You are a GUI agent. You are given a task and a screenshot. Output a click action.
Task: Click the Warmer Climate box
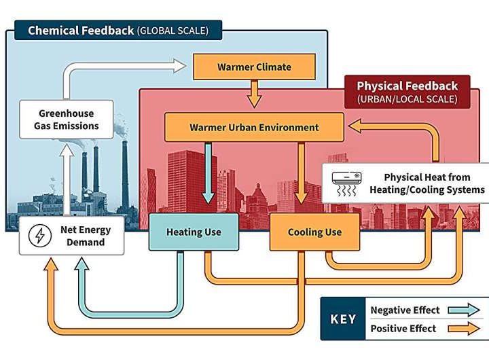pos(254,67)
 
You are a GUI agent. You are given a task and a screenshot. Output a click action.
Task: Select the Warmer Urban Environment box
pos(254,127)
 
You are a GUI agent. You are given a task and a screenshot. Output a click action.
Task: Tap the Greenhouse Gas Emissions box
pos(67,120)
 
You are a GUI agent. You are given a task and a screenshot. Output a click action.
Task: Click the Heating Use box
pos(194,232)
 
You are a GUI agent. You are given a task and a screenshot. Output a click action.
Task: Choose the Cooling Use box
pos(314,232)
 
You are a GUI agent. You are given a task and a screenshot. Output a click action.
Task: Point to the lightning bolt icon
pos(41,236)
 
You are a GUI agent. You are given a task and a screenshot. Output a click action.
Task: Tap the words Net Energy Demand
pos(86,236)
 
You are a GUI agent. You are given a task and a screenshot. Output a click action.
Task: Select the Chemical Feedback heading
pos(81,31)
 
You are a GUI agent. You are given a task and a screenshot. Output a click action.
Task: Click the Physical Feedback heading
pos(407,86)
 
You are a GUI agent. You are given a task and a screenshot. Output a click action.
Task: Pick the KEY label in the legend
pos(343,319)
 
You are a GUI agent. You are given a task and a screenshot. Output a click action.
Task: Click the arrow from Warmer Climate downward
pos(254,94)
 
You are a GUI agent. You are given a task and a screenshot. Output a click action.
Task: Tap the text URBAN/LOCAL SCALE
pos(407,100)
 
